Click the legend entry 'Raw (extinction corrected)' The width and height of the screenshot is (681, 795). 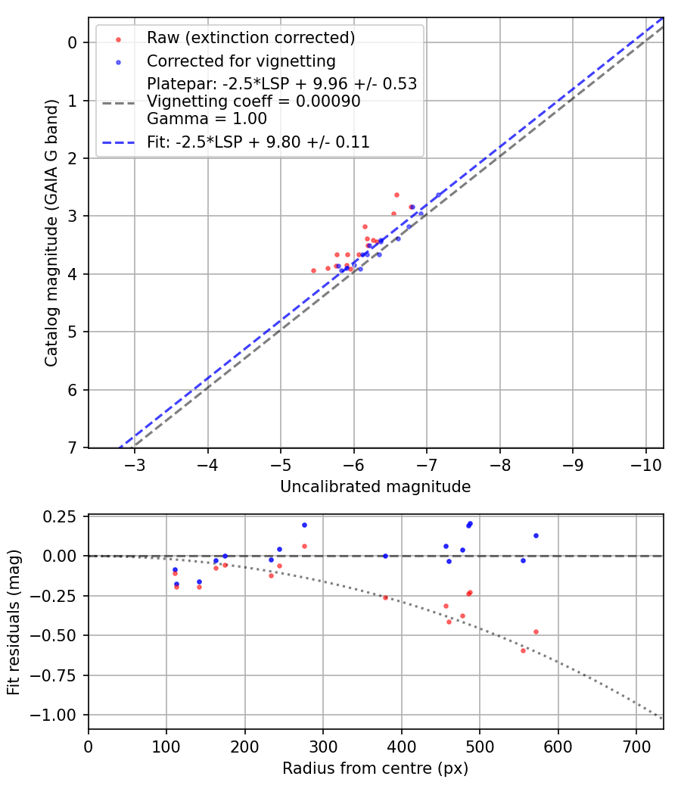tap(250, 38)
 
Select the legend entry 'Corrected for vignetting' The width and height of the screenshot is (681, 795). tap(241, 61)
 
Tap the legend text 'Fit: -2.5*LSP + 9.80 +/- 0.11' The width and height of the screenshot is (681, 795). tap(258, 142)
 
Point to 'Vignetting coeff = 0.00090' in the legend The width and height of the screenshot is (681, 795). tap(253, 101)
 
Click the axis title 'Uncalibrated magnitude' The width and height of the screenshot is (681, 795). tap(375, 487)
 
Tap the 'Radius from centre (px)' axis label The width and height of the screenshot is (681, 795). tap(375, 768)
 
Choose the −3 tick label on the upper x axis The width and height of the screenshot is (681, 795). tap(135, 463)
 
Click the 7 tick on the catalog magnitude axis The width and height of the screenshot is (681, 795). tap(73, 448)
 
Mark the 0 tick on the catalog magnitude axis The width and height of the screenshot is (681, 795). tap(73, 42)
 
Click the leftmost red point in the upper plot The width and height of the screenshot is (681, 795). tap(313, 270)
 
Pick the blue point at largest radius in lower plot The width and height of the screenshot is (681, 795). tap(536, 535)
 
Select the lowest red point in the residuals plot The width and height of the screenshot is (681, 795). tap(523, 650)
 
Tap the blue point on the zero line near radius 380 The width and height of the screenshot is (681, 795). tap(385, 556)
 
